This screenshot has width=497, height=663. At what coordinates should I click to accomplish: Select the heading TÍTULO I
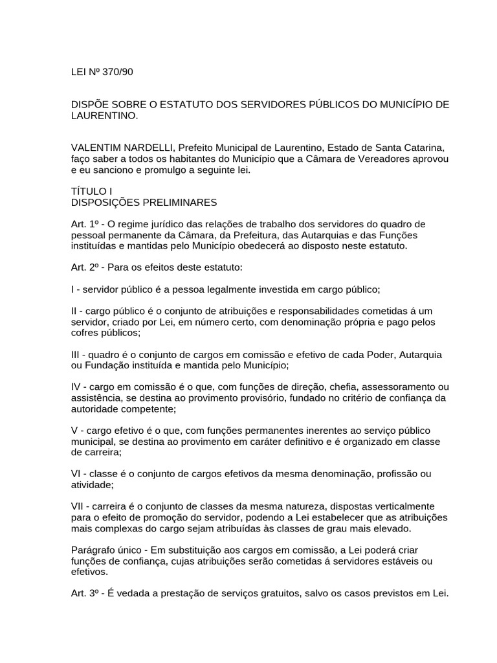click(x=91, y=192)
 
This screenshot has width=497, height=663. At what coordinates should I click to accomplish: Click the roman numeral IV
click(x=76, y=387)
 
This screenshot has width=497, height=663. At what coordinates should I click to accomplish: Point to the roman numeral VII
click(x=78, y=505)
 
